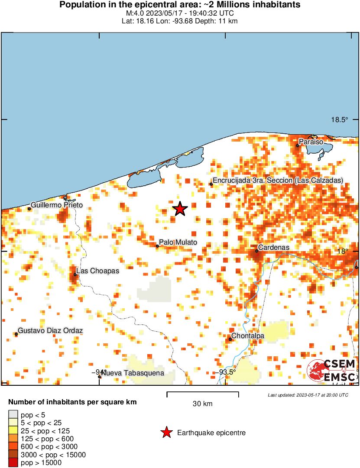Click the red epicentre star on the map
pyautogui.click(x=180, y=209)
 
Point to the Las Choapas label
pyautogui.click(x=97, y=271)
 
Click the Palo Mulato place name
pyautogui.click(x=178, y=242)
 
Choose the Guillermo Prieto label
pyautogui.click(x=57, y=205)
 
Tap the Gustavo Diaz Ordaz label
pyautogui.click(x=50, y=331)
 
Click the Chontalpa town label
pyautogui.click(x=248, y=336)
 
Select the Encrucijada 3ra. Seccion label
pyautogui.click(x=277, y=180)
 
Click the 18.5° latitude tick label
pyautogui.click(x=339, y=120)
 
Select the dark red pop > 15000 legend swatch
pyautogui.click(x=13, y=463)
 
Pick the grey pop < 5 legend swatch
pyautogui.click(x=13, y=415)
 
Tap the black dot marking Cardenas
pyautogui.click(x=256, y=251)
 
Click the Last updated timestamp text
pyautogui.click(x=308, y=395)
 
